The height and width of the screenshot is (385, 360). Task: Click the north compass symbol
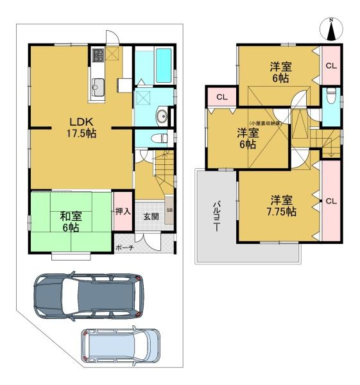coord(332,28)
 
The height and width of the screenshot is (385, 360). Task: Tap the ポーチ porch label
coord(125,247)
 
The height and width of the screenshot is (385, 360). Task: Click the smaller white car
coord(122,347)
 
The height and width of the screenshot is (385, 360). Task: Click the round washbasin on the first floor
coord(163,117)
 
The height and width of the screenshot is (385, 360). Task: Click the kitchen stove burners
coord(98,56)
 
